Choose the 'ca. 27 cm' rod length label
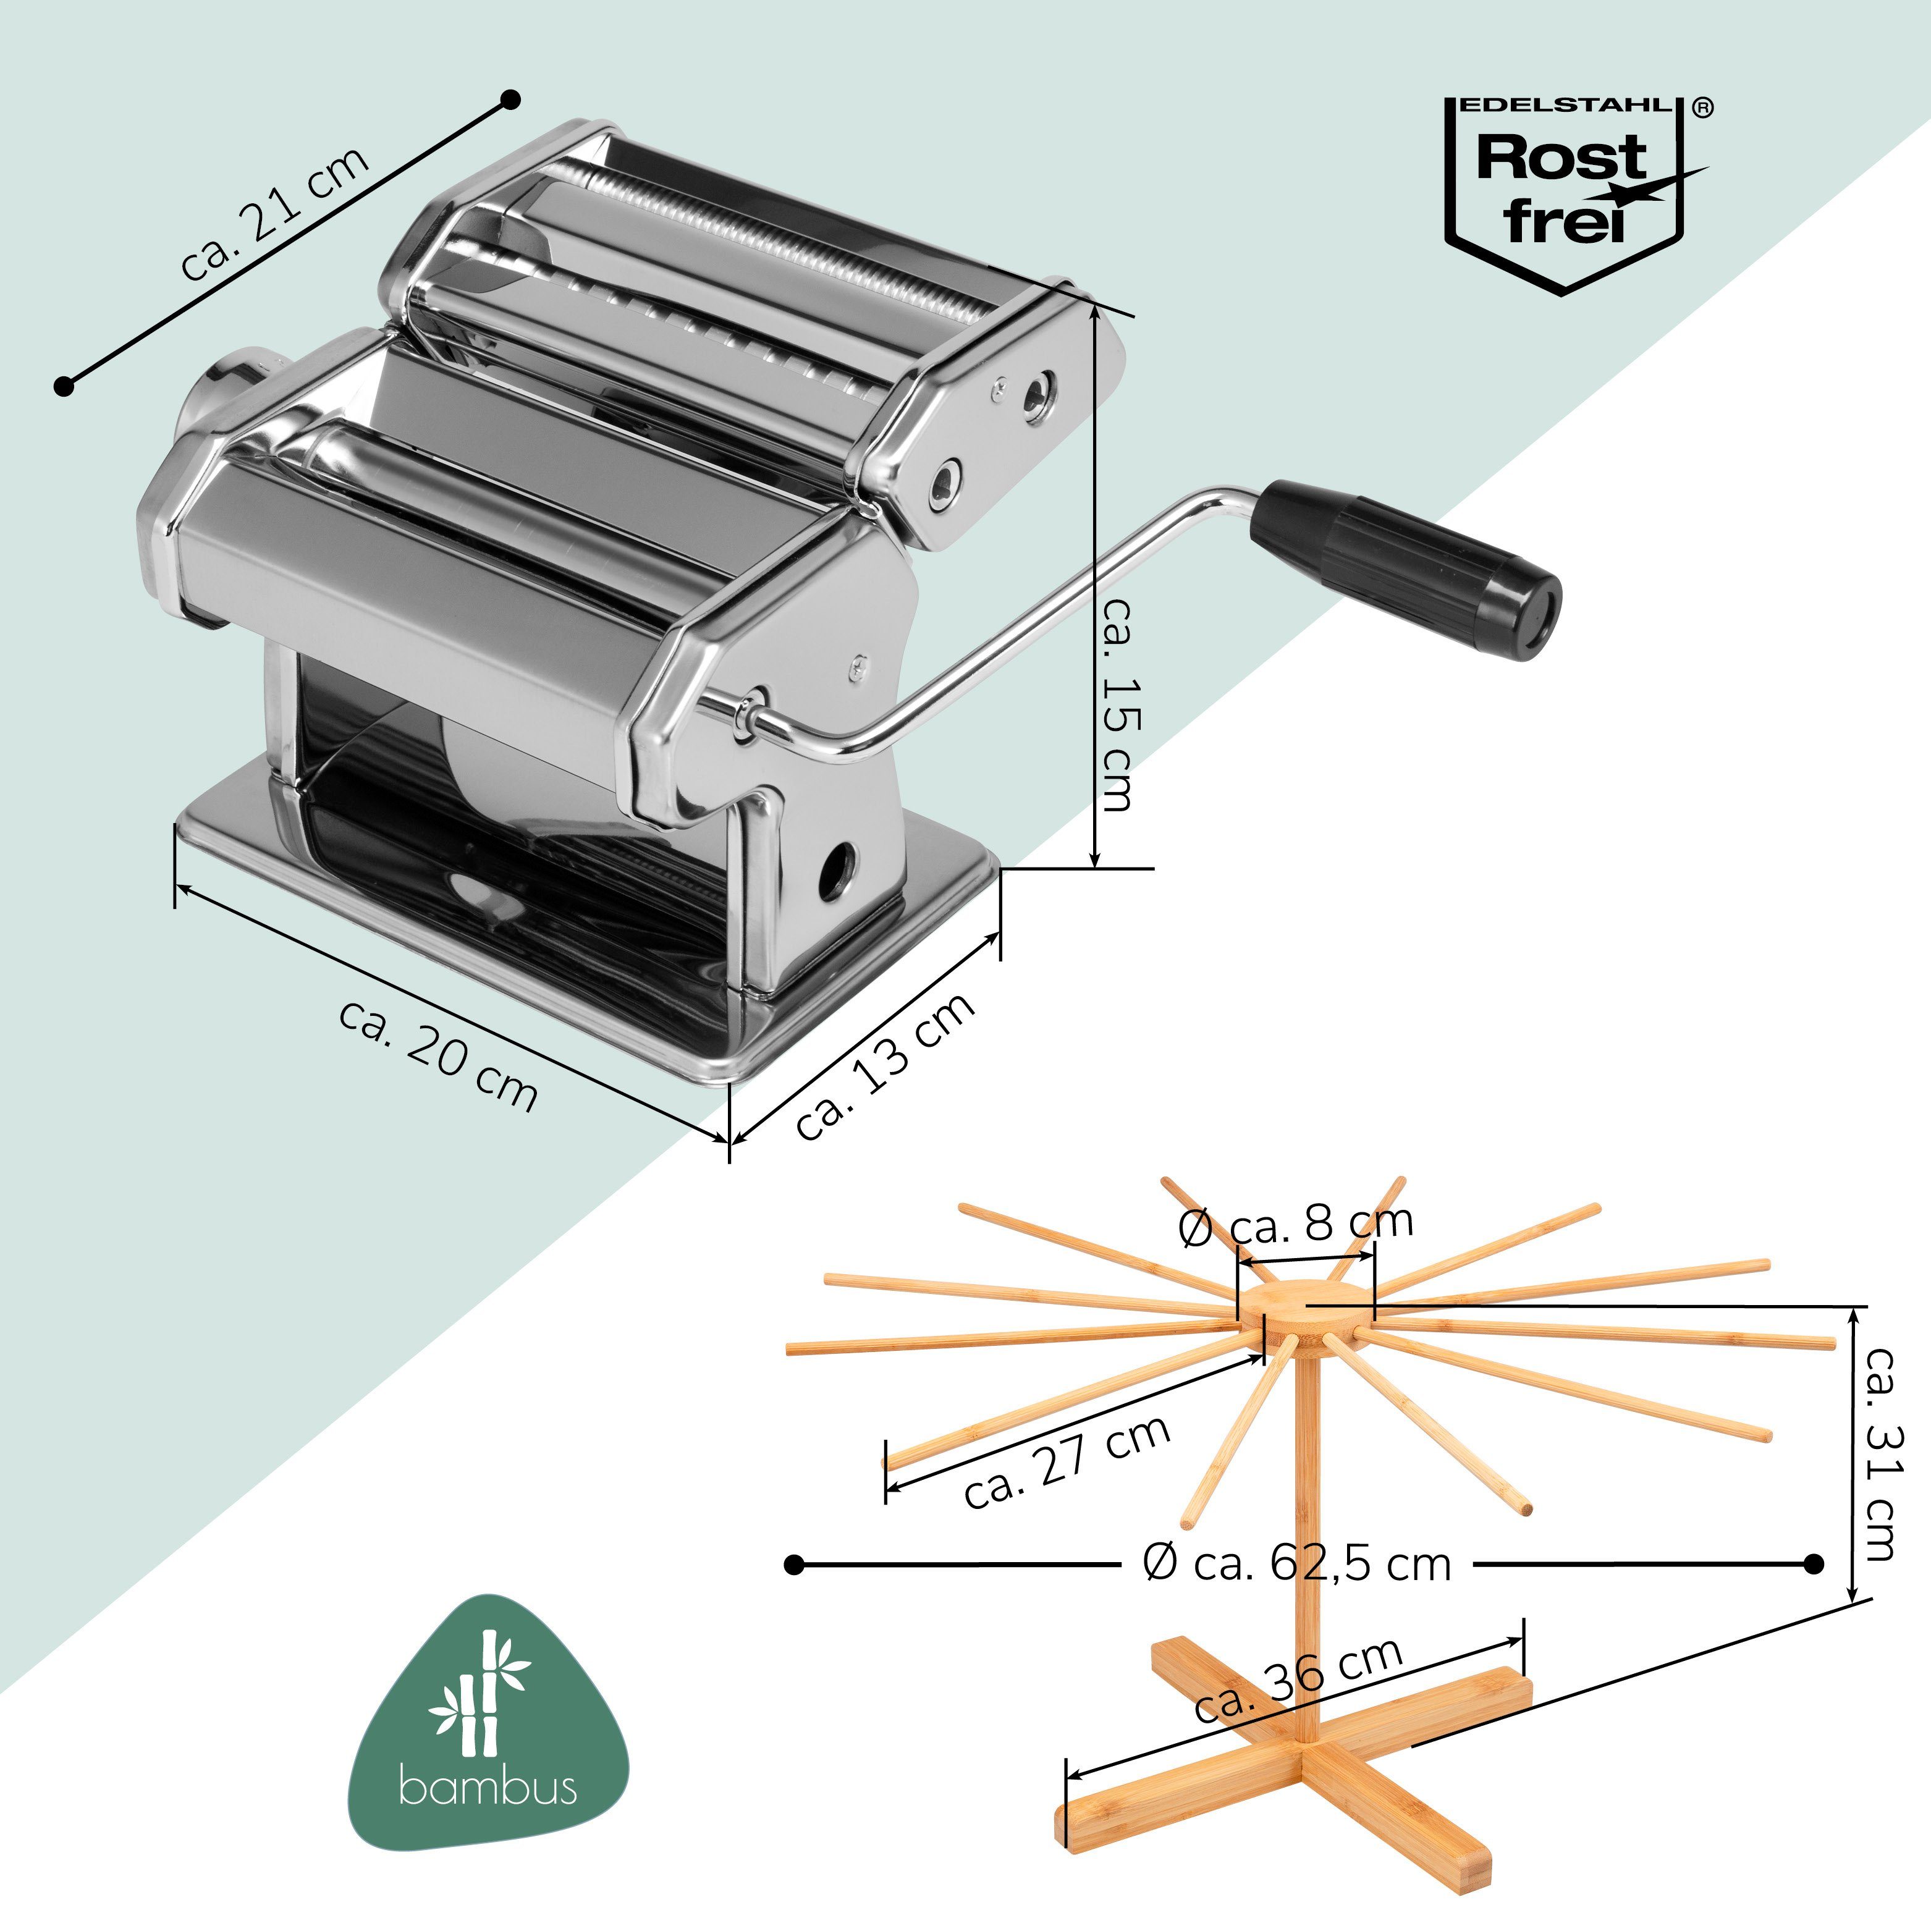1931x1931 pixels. point(1067,1461)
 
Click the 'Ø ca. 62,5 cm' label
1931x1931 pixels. point(1296,1564)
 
